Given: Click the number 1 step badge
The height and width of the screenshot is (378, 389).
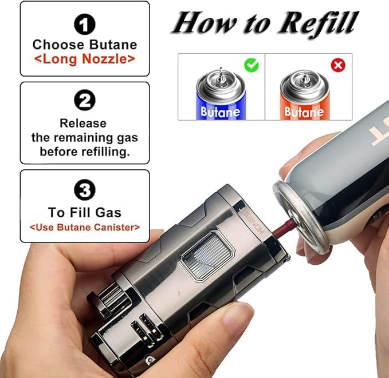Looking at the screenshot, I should click(x=85, y=24).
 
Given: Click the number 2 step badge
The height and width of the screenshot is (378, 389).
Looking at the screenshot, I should click(x=85, y=102).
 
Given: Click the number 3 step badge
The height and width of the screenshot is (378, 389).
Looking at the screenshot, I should click(x=85, y=190).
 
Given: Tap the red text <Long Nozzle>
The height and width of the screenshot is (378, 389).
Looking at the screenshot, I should click(x=85, y=59).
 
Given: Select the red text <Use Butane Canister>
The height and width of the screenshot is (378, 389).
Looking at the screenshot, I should click(x=85, y=228).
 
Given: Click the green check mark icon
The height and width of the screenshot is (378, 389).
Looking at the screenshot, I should click(x=252, y=65).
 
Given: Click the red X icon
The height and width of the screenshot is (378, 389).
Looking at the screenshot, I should click(x=338, y=65).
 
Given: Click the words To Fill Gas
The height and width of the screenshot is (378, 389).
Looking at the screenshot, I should click(x=85, y=213).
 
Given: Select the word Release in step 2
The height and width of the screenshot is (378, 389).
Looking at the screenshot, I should click(x=85, y=123).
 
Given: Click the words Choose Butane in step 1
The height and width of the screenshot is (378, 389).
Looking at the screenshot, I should click(x=85, y=45).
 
